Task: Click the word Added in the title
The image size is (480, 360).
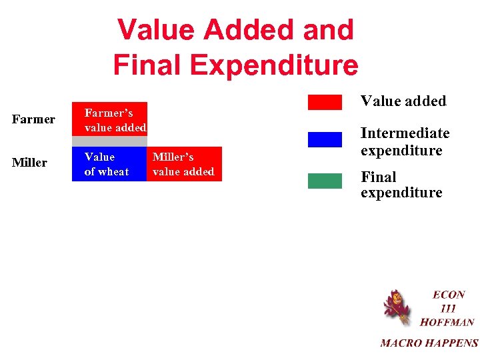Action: point(248,30)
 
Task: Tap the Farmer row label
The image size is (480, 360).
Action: point(33,119)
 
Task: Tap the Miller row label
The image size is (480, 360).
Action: point(29,163)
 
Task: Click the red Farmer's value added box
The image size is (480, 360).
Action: point(109,119)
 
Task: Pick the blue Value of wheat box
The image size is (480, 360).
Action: point(109,164)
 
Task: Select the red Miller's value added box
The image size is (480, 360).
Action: point(184,164)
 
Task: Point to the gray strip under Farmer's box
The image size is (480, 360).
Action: point(109,141)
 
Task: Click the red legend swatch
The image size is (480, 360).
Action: point(325,103)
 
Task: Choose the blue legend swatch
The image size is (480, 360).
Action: point(325,139)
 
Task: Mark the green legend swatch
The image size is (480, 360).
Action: point(325,181)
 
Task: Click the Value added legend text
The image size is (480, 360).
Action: point(403,101)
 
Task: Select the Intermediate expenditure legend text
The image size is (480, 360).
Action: point(405,141)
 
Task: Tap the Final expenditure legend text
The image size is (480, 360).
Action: point(401,185)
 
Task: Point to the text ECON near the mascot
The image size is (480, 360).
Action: point(449,295)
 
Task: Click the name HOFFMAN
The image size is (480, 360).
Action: point(447,322)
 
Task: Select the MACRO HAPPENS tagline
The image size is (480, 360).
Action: point(429,343)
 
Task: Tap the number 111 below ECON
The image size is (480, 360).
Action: point(448,308)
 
